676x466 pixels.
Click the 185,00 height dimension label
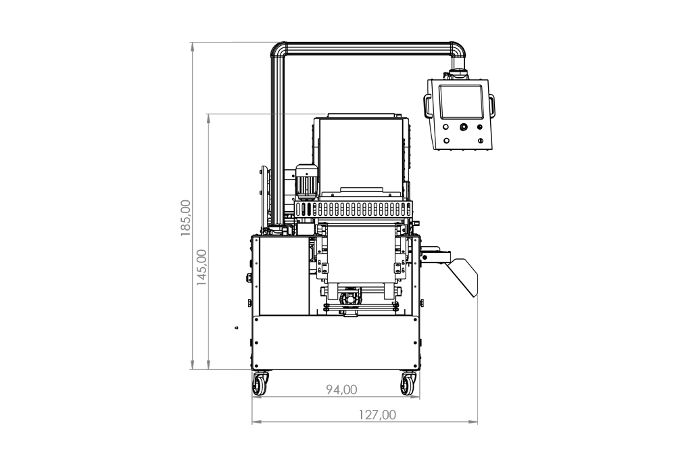click(x=186, y=218)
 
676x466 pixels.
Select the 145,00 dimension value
click(x=201, y=268)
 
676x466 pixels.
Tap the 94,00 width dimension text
click(x=341, y=390)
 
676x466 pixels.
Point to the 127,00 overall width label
click(x=377, y=415)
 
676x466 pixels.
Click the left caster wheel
click(x=260, y=383)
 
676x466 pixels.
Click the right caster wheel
click(x=408, y=383)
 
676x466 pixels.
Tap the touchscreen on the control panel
click(x=460, y=102)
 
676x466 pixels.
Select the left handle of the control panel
click(x=427, y=106)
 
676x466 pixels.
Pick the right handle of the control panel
click(x=491, y=106)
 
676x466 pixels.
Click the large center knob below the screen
click(x=464, y=127)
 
